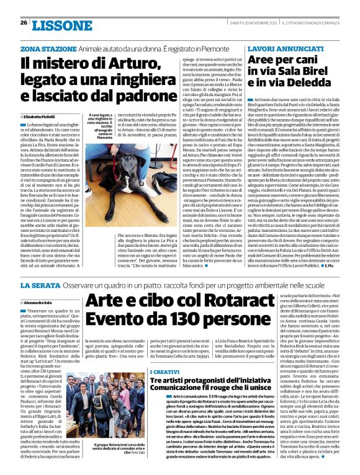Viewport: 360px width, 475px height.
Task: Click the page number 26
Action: click(x=24, y=22)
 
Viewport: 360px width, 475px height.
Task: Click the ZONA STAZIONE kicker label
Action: click(x=43, y=48)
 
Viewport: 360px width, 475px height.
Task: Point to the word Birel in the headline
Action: click(x=317, y=73)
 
